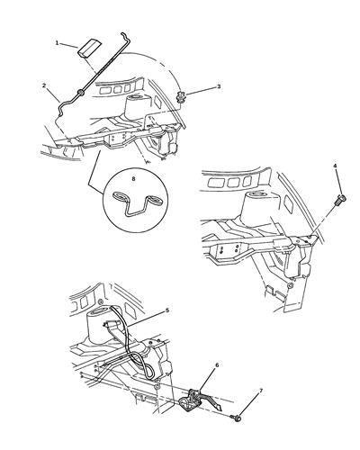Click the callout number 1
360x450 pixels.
coord(57,43)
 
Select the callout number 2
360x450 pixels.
coord(44,85)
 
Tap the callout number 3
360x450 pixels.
coord(219,86)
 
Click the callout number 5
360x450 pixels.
coord(167,310)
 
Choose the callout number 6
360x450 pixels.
coord(217,365)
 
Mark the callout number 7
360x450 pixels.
coord(261,391)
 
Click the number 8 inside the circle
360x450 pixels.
coord(134,179)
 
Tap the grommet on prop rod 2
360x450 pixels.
coord(80,93)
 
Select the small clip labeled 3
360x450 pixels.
coord(181,97)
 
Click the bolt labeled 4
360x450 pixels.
coord(341,199)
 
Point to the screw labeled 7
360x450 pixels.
coord(237,417)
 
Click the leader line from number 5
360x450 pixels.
coord(146,319)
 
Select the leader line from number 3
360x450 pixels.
coord(201,91)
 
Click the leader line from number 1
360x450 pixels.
coord(68,46)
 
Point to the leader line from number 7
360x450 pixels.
coord(248,404)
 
